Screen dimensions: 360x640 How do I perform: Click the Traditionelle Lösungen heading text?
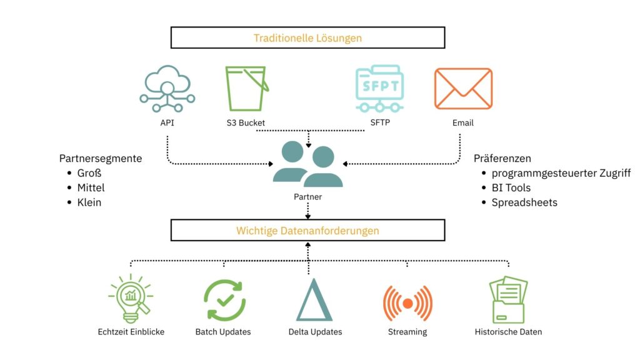[307, 38]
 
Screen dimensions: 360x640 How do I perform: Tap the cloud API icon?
[167, 89]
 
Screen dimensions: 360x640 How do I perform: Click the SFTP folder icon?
[379, 89]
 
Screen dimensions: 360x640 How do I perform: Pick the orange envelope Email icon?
[463, 89]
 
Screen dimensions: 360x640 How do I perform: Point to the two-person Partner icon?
[307, 164]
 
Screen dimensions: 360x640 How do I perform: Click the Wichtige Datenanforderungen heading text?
[307, 231]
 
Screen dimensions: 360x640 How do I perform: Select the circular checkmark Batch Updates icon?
[224, 300]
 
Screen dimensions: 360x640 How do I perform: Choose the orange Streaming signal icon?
[407, 303]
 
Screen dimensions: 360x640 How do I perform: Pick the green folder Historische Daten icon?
[508, 300]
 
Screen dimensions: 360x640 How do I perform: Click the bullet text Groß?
[89, 173]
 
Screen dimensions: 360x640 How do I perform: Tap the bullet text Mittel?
[91, 187]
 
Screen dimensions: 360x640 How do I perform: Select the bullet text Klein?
[89, 202]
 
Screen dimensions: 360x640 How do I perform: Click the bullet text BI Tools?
[511, 187]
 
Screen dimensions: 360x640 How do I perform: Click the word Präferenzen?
[502, 159]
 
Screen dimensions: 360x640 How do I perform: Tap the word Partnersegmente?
[101, 159]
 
